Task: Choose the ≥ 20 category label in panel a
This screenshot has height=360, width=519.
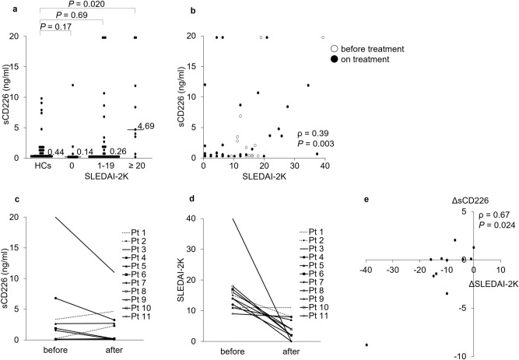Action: click(136, 166)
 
